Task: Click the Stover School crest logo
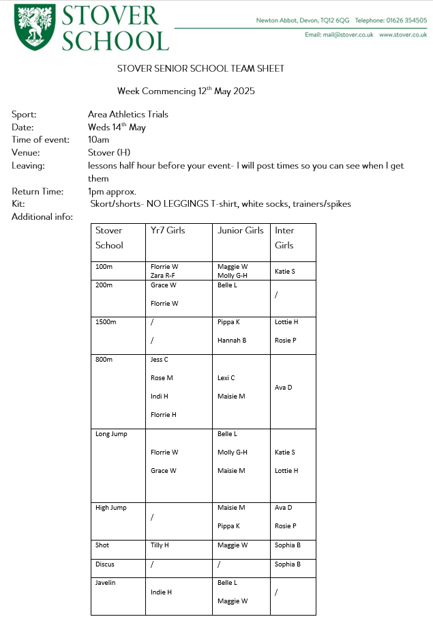(x=35, y=27)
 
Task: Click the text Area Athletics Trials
(x=128, y=114)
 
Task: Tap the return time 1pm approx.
(x=112, y=192)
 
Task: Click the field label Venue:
(x=26, y=153)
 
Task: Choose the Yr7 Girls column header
(x=168, y=231)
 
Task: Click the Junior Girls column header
(x=240, y=231)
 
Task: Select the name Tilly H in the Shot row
(x=160, y=545)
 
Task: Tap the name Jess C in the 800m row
(x=160, y=359)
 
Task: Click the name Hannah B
(x=232, y=340)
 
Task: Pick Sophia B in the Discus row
(x=288, y=564)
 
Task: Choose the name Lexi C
(x=226, y=377)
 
